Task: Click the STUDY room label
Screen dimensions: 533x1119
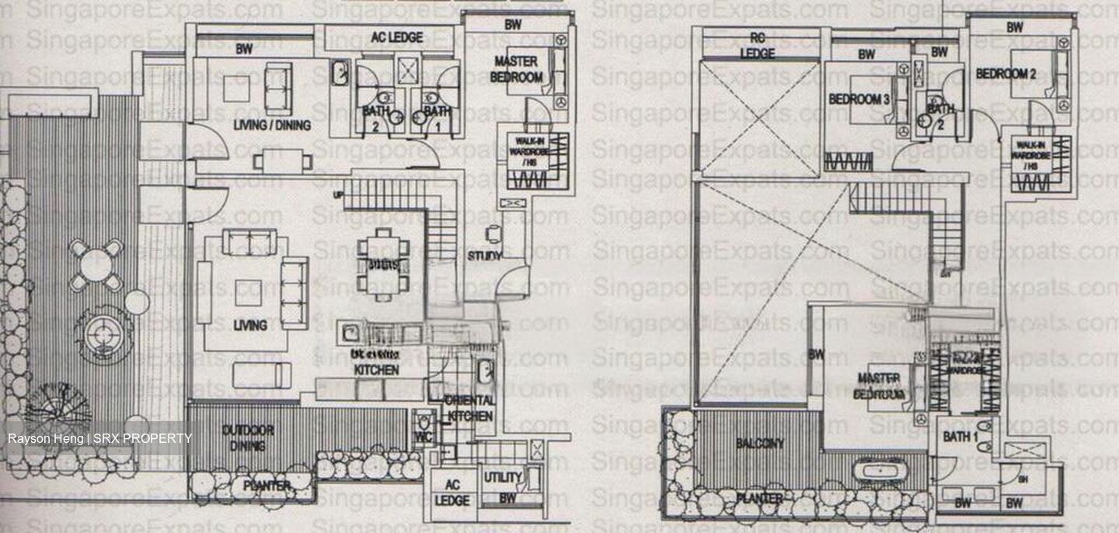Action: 484,256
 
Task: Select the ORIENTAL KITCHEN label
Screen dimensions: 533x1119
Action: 470,408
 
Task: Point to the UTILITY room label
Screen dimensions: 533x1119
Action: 503,477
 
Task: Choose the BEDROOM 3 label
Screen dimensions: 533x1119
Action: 859,99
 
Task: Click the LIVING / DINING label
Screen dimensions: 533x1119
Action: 272,125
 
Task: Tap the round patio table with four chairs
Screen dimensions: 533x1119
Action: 96,264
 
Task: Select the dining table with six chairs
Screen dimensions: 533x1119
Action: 384,260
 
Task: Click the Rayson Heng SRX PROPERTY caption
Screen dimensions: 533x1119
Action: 99,439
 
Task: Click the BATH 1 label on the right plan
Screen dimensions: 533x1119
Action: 960,437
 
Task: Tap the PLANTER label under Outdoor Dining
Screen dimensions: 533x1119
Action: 266,486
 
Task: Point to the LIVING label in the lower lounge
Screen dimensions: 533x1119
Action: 250,326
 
